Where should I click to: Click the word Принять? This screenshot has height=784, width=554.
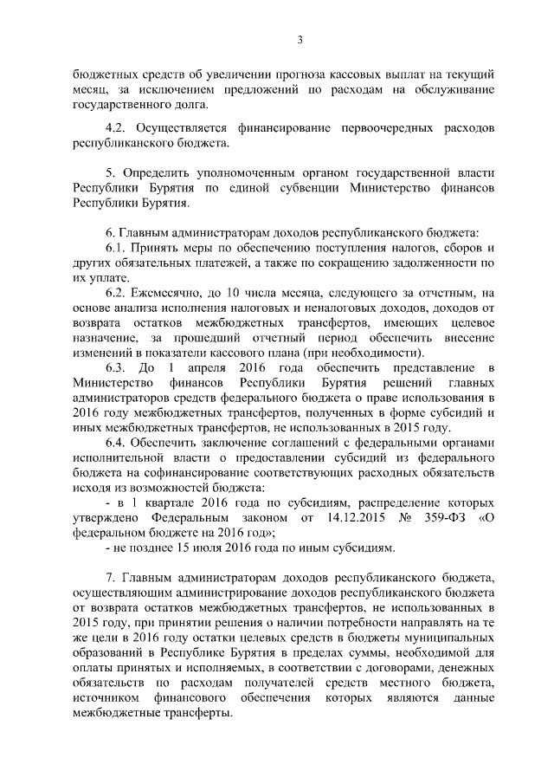157,249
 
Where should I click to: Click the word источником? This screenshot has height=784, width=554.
110,699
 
